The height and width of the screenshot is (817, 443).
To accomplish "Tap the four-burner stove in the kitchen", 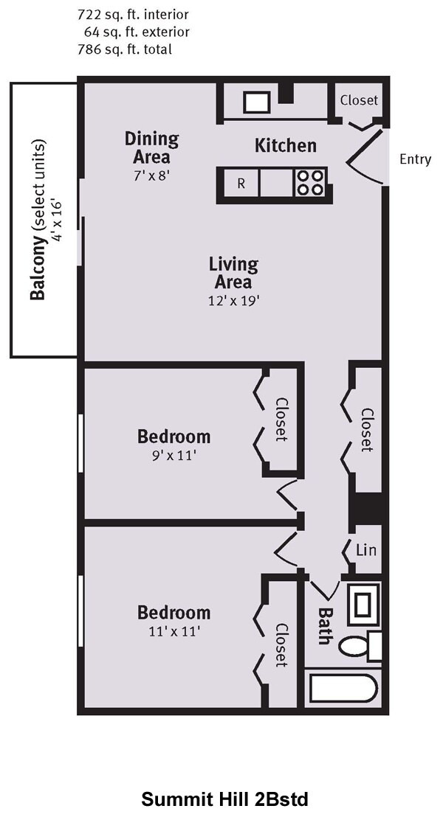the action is [x=309, y=183].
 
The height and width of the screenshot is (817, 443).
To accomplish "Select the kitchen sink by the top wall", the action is [x=256, y=102].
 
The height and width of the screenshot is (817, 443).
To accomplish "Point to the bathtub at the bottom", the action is [x=343, y=689].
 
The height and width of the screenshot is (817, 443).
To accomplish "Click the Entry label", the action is [x=416, y=159].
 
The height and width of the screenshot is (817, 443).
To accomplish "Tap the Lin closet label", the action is [x=365, y=549].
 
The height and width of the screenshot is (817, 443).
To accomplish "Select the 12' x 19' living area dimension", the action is [x=233, y=300].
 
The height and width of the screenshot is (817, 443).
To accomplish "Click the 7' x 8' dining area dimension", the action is [x=152, y=175].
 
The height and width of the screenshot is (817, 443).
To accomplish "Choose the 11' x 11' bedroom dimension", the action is [x=174, y=631].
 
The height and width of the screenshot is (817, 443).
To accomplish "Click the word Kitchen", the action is [x=286, y=145].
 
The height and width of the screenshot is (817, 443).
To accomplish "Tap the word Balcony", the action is [x=37, y=271].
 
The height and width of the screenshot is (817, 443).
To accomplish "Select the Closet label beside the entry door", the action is [x=359, y=100].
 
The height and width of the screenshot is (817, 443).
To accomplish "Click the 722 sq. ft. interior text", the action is [x=133, y=15].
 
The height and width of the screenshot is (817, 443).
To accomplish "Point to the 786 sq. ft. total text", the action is [x=125, y=49].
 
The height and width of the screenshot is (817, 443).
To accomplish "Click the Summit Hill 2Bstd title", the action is [x=225, y=799].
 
